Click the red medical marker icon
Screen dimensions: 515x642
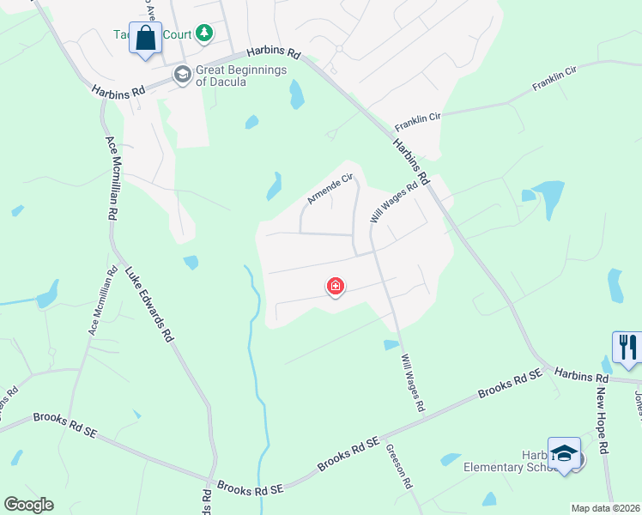click(x=336, y=287)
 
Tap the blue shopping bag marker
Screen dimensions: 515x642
click(x=145, y=39)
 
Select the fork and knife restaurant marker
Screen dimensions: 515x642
click(x=627, y=347)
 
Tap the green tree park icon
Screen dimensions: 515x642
click(x=203, y=33)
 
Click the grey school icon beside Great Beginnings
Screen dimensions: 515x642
click(x=182, y=76)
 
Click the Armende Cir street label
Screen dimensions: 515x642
click(x=330, y=190)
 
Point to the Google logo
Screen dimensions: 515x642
click(x=28, y=505)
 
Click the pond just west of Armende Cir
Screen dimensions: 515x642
click(x=274, y=186)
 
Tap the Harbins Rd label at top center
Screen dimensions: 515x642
click(x=274, y=52)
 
